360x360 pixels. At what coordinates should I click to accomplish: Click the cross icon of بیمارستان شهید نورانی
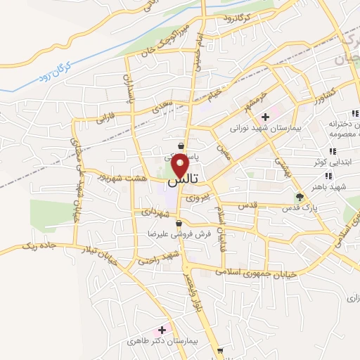pos(265,117)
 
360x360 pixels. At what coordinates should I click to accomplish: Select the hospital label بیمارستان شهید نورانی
pos(264,129)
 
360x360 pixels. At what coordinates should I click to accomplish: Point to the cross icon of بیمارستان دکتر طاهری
pos(162,329)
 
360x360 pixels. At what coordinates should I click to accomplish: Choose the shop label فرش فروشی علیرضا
pos(169,234)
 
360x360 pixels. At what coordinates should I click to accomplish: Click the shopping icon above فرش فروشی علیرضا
pos(179,224)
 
